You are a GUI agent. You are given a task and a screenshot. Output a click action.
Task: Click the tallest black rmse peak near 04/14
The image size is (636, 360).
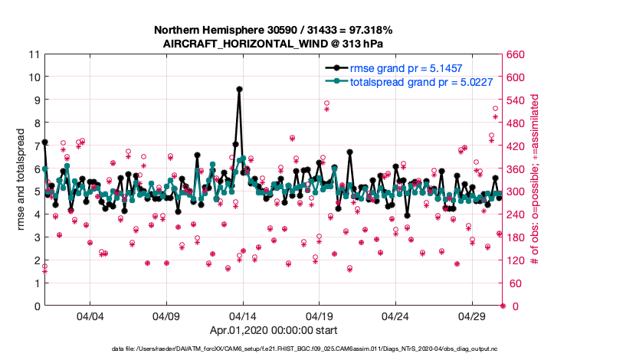[x=239, y=89]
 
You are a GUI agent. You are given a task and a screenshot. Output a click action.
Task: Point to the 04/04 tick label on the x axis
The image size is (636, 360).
[x=90, y=316]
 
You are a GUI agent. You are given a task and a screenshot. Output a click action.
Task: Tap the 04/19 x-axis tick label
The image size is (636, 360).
[x=319, y=316]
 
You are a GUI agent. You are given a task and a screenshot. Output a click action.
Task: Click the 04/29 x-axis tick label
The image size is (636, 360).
[x=472, y=316]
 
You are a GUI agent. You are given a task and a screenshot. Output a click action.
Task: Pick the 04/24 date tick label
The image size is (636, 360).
[x=395, y=316]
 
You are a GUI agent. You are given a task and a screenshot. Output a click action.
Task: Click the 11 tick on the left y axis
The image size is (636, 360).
[x=34, y=54]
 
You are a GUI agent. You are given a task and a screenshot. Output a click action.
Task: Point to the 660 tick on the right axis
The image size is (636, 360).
[x=518, y=54]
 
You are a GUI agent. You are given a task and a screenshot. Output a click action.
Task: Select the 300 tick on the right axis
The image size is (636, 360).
[x=518, y=191]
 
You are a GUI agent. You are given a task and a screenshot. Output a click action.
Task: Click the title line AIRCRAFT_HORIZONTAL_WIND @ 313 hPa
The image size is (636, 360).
[x=274, y=44]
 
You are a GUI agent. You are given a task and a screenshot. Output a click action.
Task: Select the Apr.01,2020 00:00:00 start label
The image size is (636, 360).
[x=274, y=331]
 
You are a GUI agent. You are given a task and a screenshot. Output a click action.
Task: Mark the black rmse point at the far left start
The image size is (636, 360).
[x=44, y=142]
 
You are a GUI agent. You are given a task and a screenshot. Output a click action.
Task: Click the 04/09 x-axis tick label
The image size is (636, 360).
[x=166, y=316]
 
